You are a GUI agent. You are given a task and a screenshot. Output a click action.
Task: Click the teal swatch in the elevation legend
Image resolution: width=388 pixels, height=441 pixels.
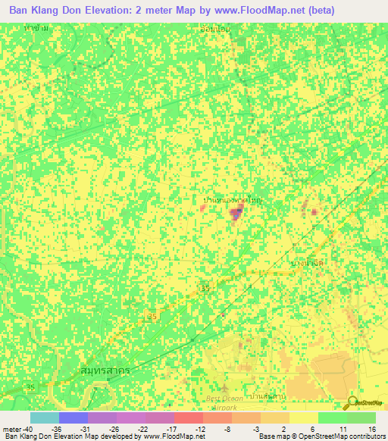[x=44, y=417]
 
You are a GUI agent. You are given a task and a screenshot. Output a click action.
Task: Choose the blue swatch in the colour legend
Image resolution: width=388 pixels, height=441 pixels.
[x=73, y=417]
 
